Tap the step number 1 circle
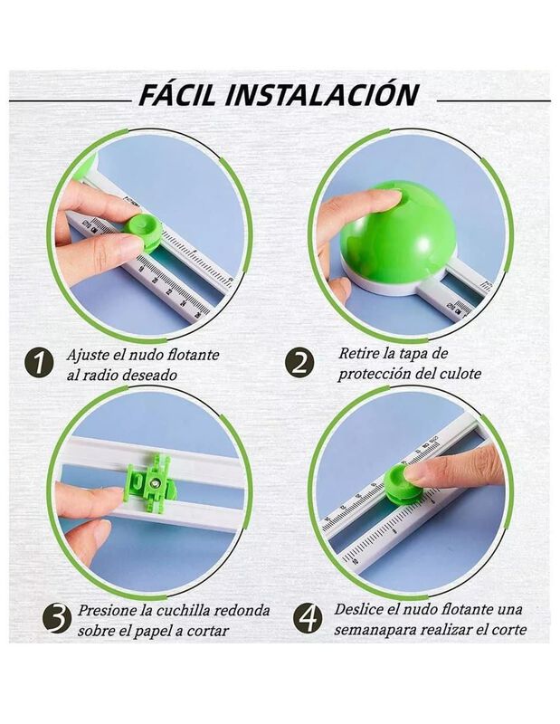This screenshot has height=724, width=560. coord(39,361)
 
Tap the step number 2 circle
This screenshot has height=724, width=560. coord(299,363)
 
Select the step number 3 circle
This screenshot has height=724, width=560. coord(57,619)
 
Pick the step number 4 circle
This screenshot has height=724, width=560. coord(308,618)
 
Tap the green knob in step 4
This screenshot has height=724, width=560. coord(403,483)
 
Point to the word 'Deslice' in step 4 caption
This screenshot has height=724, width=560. coord(359,609)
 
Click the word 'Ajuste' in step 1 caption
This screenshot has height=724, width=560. coord(88,355)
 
